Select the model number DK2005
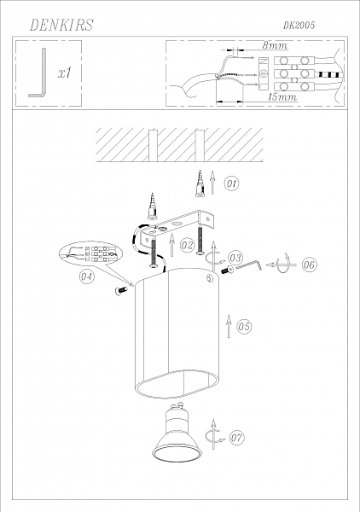299,26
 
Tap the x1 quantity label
64,74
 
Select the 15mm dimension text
282,98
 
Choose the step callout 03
235,257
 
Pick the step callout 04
87,276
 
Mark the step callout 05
243,325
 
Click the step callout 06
308,265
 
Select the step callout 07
236,438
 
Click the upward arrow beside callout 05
228,326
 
